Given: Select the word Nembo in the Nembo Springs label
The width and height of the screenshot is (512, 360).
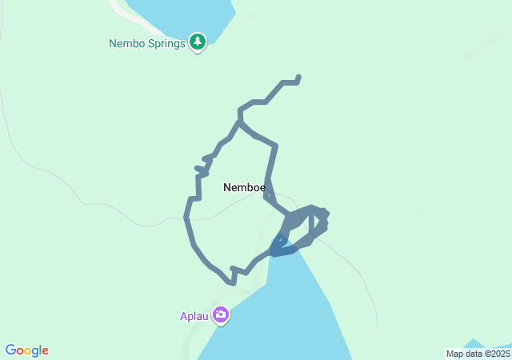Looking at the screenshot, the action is coord(126,43).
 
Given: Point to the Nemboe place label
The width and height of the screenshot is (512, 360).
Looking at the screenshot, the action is coord(243,187).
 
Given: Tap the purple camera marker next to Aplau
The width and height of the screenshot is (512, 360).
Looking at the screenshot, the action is coord(221,316).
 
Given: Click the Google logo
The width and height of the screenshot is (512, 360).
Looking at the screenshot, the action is coord(26,350).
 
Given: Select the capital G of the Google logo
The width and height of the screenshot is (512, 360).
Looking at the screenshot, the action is coord(10,350).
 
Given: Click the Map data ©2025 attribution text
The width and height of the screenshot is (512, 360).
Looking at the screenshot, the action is coord(478,354).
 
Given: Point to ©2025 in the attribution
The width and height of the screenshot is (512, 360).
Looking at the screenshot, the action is coord(496,354).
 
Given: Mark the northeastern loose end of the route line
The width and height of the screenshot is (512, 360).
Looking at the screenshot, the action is coord(298,78).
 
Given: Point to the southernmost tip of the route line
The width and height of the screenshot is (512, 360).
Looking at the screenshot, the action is coord(233,282).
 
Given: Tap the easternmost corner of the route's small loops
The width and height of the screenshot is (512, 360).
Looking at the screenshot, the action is coord(326,214).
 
